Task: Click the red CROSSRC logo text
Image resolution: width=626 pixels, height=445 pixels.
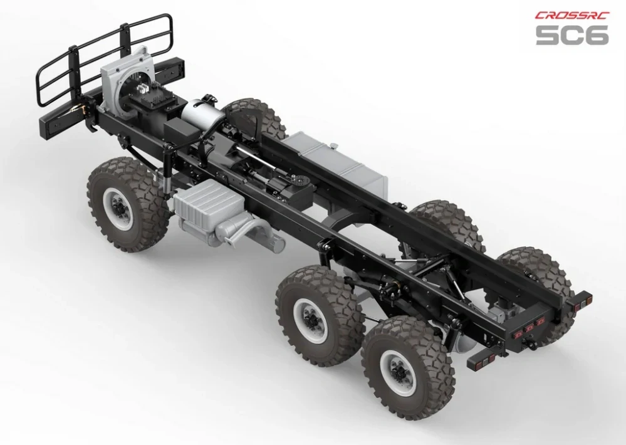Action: pyautogui.click(x=571, y=16)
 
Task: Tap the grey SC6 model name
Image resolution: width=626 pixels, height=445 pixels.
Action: pyautogui.click(x=571, y=34)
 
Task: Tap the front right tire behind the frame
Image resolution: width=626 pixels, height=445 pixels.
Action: pyautogui.click(x=254, y=116)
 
